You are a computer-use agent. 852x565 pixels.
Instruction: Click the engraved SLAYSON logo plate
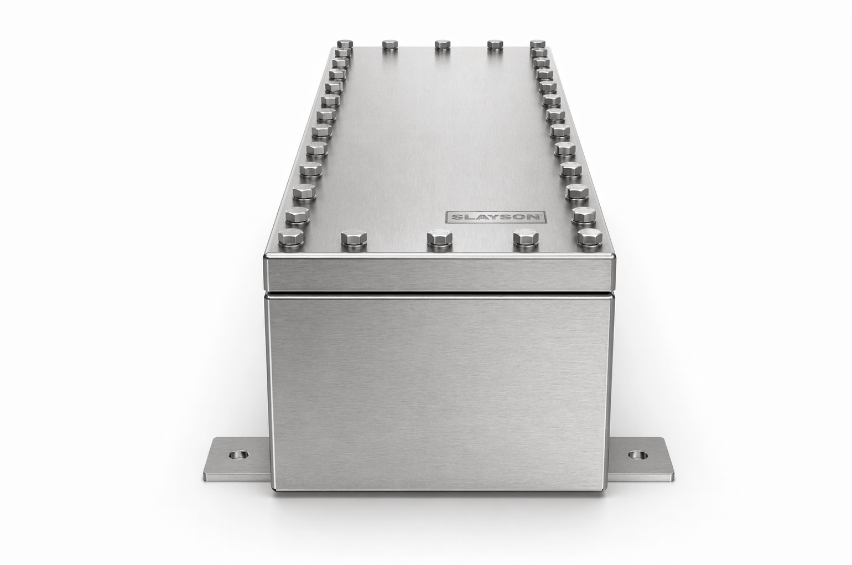point(496,217)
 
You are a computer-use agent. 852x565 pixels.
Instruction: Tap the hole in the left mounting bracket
point(239,454)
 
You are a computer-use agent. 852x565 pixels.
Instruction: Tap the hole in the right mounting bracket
point(637,454)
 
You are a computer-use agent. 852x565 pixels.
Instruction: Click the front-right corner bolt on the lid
point(590,237)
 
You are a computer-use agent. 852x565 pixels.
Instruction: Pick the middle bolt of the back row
point(443,44)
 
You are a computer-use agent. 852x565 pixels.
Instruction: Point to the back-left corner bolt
point(345,44)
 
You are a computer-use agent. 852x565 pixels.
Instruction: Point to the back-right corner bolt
point(538,44)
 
